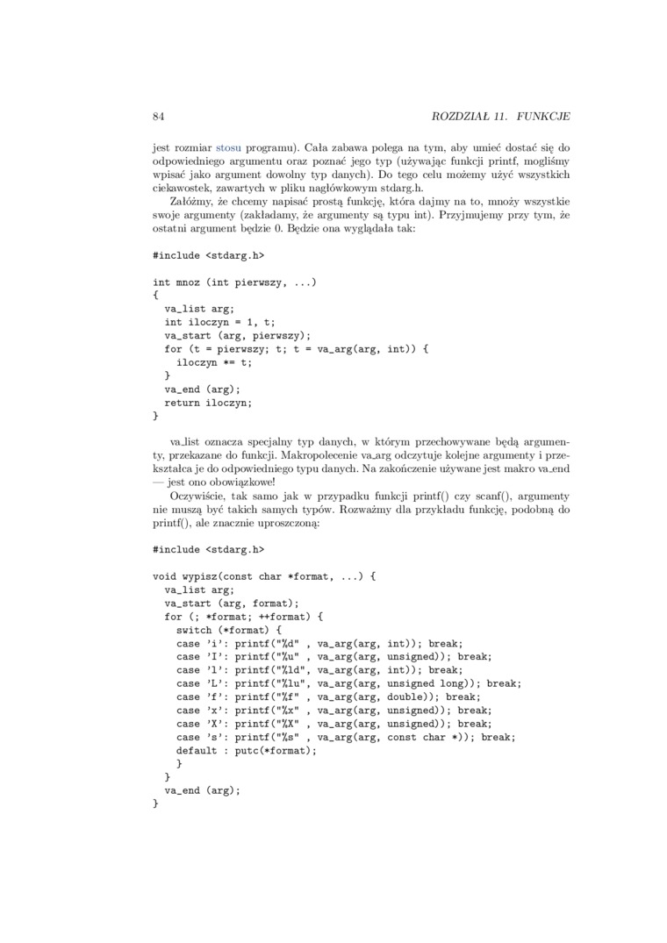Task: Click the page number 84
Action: (159, 116)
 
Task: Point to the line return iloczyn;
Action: (208, 403)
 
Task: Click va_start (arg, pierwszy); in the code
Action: (238, 335)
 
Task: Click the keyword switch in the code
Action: (194, 630)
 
